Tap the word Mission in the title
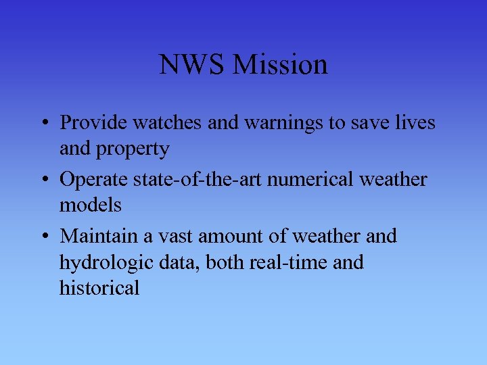(279, 65)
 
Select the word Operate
(93, 180)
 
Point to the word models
(91, 205)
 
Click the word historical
(99, 289)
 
